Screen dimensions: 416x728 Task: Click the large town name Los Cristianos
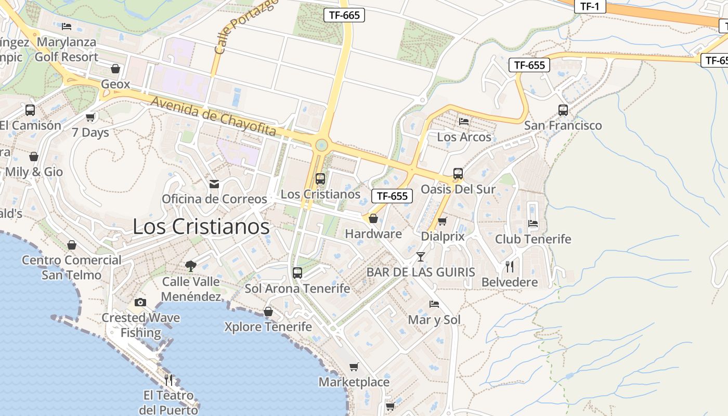coord(201,226)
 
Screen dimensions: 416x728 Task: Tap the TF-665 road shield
coord(344,15)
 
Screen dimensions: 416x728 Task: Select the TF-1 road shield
coord(590,6)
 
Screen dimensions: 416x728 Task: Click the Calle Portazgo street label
coord(245,26)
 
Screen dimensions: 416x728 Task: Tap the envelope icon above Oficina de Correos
coord(214,184)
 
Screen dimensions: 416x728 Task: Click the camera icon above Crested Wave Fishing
coord(140,302)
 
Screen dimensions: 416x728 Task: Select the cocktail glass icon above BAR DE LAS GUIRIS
coord(421,256)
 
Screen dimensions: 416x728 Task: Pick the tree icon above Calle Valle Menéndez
coord(191,266)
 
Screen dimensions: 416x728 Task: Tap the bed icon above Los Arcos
coord(464,121)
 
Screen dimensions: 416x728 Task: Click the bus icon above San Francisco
coord(563,110)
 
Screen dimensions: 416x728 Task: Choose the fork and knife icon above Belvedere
coord(510,267)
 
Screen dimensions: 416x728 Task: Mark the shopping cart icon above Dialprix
coord(443,221)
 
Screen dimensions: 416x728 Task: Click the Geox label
coord(115,84)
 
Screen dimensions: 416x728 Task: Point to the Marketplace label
coord(354,382)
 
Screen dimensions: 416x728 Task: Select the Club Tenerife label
coord(533,239)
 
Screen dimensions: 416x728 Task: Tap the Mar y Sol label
coord(434,320)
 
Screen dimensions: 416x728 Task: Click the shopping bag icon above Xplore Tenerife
coord(268,311)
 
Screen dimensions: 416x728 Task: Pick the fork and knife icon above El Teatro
coord(168,380)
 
